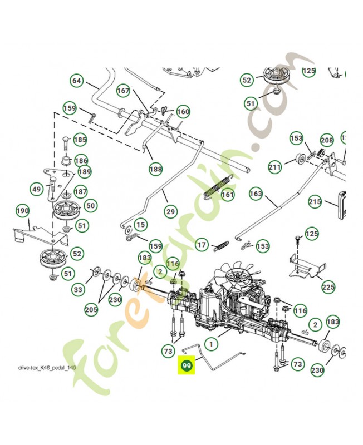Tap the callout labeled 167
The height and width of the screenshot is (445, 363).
coord(123,91)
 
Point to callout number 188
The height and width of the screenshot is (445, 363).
coord(156,168)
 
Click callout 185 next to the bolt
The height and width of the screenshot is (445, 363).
coord(80,140)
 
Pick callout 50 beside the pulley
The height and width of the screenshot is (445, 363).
coord(90,206)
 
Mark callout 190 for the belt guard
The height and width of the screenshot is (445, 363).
coord(22,211)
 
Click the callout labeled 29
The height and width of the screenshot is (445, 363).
coord(170,211)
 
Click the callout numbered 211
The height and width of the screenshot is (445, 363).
coord(275,166)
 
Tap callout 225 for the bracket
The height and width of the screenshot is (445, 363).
coord(328,288)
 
